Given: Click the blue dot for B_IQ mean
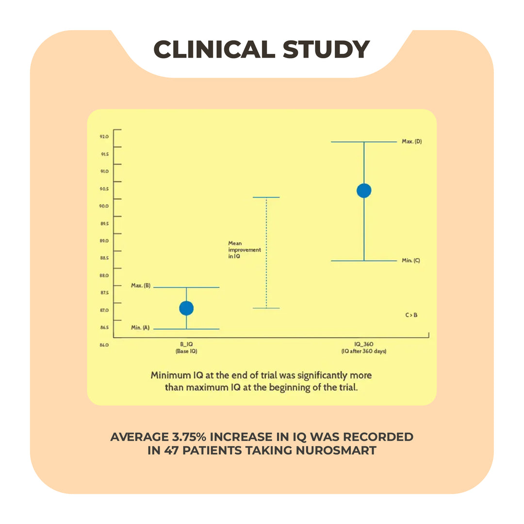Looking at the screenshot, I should (186, 308).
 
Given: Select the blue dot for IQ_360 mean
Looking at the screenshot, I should (364, 191).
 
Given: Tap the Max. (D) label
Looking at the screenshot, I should (411, 142).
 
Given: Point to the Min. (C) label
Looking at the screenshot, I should (410, 261).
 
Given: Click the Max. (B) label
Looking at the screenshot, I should (141, 286).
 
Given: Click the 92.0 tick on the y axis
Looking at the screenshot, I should (104, 136).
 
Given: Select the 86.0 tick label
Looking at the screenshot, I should (104, 345).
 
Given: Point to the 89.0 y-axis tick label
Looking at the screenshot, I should (104, 241).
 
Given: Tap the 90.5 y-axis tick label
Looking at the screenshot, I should (104, 189).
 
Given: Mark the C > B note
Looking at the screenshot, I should (411, 315).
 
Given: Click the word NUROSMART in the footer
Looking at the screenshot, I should (335, 450).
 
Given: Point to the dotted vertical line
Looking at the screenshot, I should (266, 252).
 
